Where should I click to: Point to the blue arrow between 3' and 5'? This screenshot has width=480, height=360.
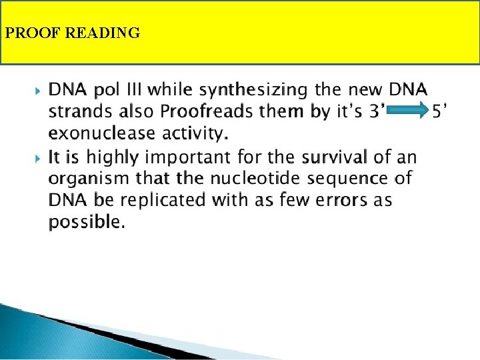[406, 111]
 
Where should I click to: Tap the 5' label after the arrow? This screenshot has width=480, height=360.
[439, 111]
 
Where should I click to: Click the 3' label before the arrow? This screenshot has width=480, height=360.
[376, 111]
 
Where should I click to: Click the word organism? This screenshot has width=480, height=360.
[89, 179]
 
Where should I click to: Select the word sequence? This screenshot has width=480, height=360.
[354, 179]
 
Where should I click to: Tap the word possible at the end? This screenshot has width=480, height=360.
[85, 223]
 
